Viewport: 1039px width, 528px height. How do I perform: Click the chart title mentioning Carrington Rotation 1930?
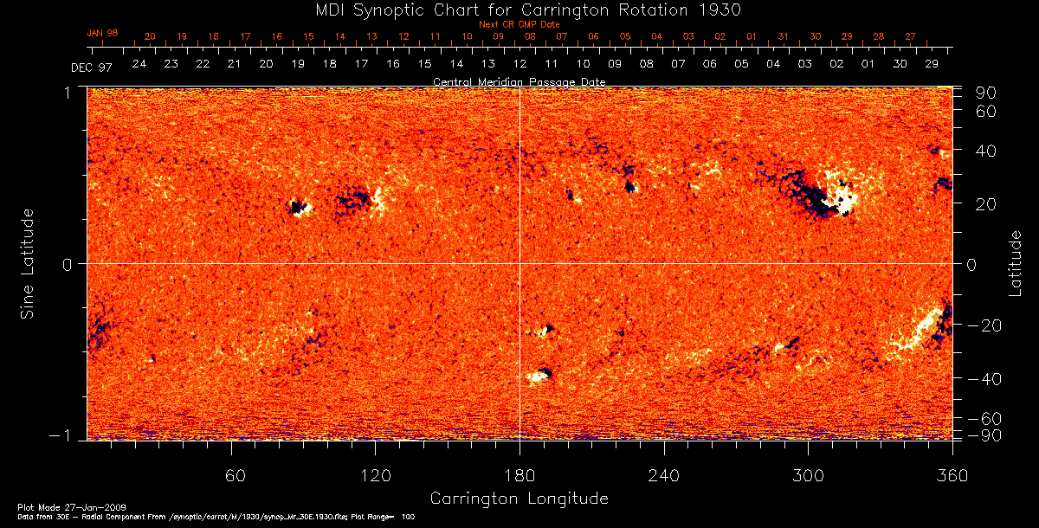(x=519, y=10)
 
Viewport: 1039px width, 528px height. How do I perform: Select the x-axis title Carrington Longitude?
(x=519, y=499)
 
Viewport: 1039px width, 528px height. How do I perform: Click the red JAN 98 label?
(x=102, y=33)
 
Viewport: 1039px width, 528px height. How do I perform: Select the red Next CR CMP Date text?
(x=519, y=24)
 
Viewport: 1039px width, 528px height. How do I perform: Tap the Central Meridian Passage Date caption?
(x=519, y=81)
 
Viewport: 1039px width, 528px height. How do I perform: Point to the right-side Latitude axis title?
(x=1015, y=263)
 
